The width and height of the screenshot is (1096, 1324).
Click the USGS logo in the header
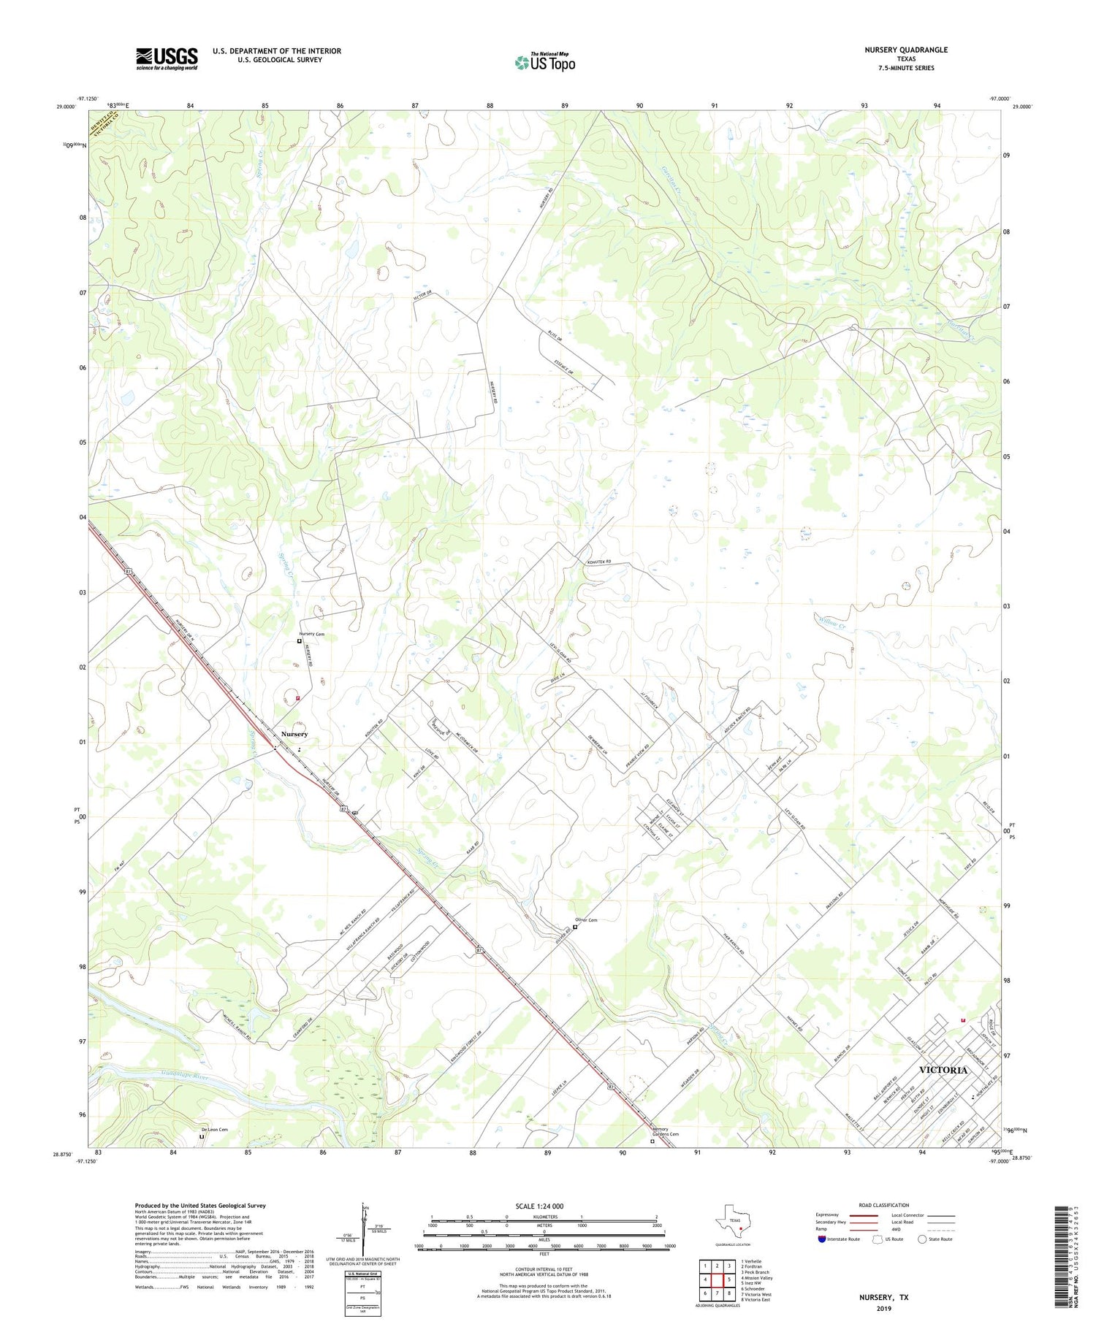[x=167, y=58]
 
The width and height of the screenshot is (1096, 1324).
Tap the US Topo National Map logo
[x=544, y=61]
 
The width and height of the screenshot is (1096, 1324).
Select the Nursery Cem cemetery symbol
[x=299, y=641]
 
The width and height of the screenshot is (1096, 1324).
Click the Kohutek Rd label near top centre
[x=598, y=562]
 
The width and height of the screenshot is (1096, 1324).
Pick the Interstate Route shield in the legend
[x=822, y=1239]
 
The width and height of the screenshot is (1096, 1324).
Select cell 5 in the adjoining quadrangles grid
[x=729, y=1279]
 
